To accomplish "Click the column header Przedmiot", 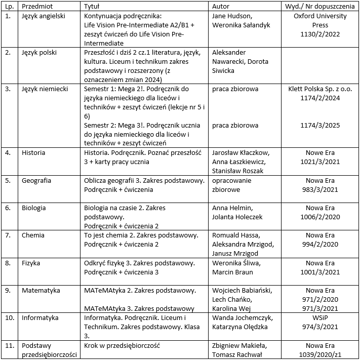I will tap(37, 7).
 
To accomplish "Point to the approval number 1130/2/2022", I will tap(320, 34).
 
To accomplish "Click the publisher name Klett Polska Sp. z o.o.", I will tap(320, 89).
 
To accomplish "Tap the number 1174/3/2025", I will tap(320, 125).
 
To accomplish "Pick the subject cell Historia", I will tap(33, 152).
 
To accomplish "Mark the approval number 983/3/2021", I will tap(320, 189).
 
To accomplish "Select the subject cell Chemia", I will tap(33, 235).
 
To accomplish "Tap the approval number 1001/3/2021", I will tap(320, 272).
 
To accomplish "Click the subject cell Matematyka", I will tap(41, 290).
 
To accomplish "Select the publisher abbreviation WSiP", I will tap(320, 317).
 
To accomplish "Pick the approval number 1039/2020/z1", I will tap(320, 354).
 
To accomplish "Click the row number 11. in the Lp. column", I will tap(9, 345).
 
